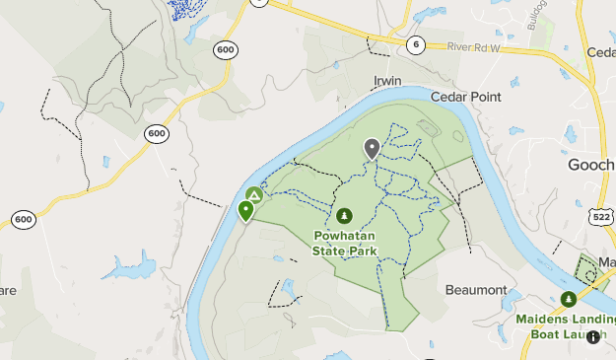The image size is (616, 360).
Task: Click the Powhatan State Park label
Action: [345, 244]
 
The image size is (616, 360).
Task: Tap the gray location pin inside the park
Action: [372, 149]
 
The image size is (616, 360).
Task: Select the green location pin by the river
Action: [245, 210]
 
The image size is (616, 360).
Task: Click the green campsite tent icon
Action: [254, 196]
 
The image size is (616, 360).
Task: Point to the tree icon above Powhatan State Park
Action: [344, 216]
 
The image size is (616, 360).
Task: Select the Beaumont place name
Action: [476, 290]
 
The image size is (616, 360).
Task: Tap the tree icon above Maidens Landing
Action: [568, 299]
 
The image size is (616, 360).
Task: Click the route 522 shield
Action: [602, 214]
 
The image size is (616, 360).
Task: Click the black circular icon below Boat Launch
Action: [592, 337]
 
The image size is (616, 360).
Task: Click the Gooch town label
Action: [591, 165]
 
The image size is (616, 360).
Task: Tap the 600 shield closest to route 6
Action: [226, 49]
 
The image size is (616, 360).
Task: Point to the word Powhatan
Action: [347, 237]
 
